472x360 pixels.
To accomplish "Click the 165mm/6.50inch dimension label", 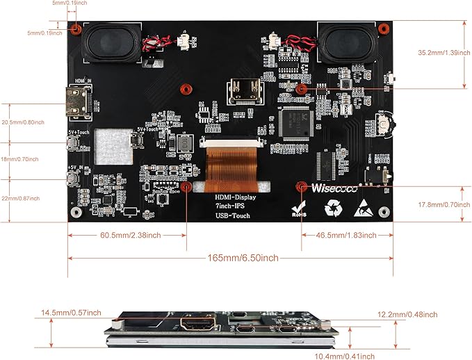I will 243,258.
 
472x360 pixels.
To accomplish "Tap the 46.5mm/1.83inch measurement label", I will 343,236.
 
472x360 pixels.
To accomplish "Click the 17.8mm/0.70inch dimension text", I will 437,205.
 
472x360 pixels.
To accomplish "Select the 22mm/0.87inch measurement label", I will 22,199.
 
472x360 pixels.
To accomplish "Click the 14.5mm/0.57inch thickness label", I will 71,312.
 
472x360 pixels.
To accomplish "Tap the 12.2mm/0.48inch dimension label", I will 407,315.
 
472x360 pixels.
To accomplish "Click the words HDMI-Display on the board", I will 235,197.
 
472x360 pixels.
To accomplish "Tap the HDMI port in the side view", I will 197,322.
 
